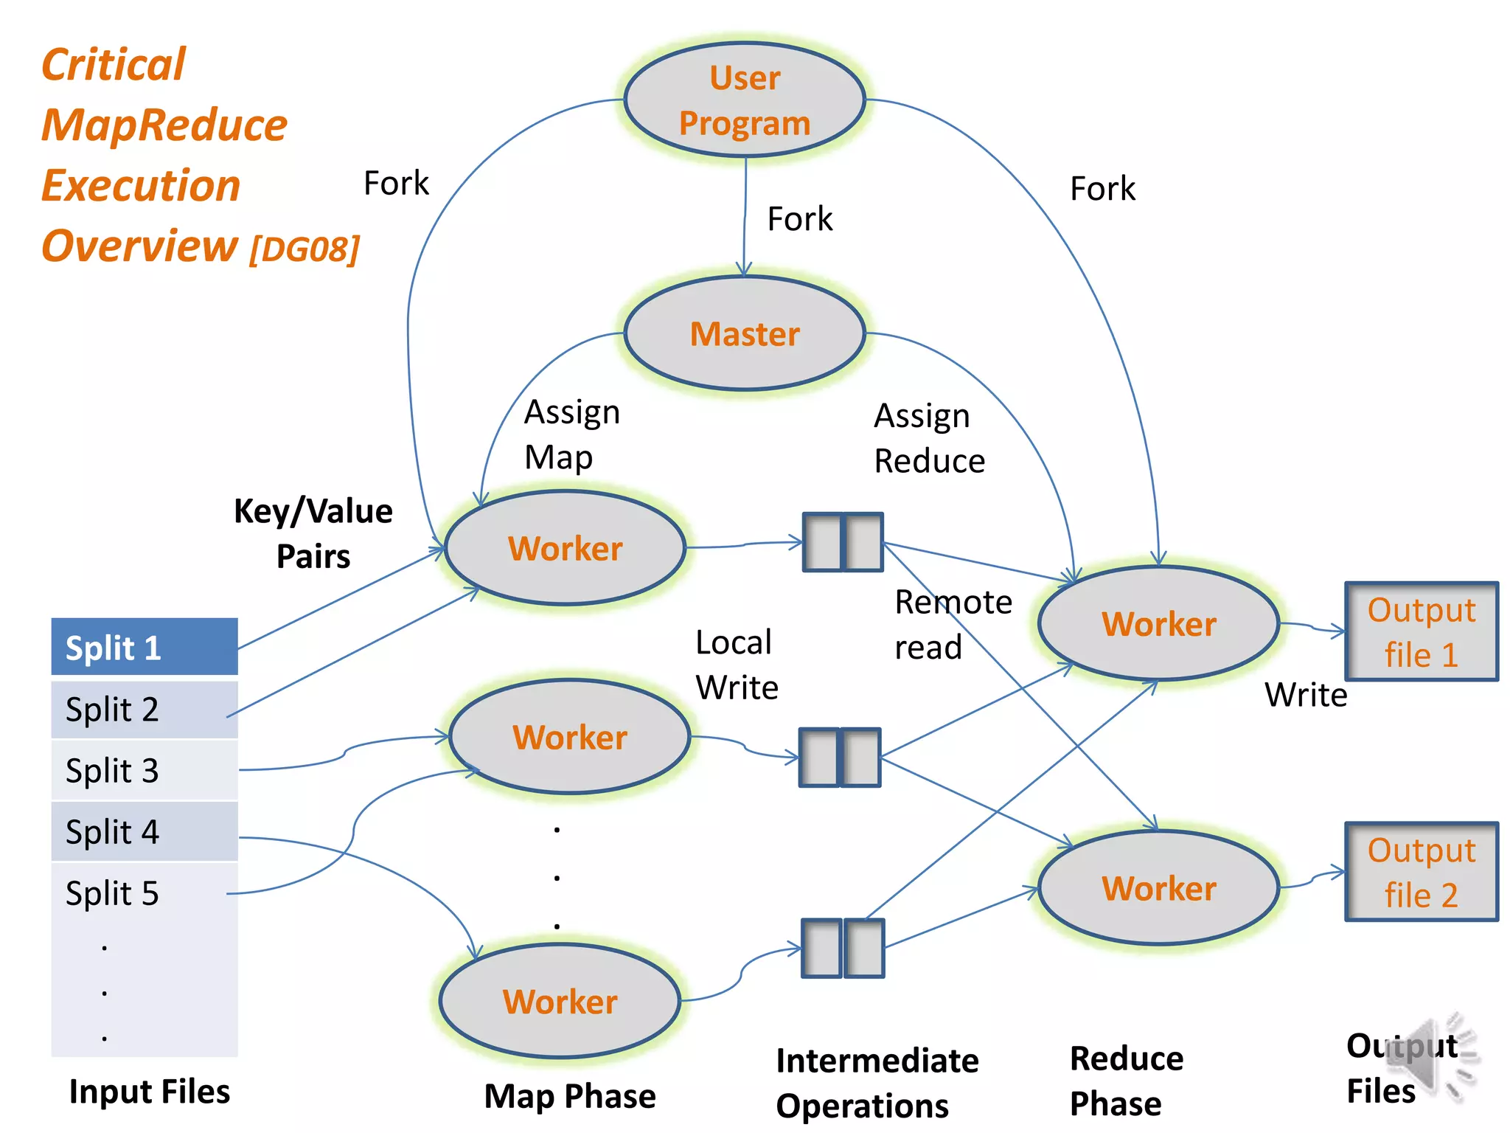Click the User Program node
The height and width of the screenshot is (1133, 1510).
point(744,100)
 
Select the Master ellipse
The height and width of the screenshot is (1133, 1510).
point(744,333)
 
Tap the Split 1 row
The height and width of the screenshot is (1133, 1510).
point(145,648)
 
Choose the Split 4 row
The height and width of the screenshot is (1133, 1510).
point(145,832)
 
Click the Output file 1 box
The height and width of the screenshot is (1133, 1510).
point(1421,631)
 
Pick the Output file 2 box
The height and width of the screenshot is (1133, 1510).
point(1421,872)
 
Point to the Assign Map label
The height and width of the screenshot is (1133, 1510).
point(571,435)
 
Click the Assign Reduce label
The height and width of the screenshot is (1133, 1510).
point(928,439)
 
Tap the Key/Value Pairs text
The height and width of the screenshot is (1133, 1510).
point(313,533)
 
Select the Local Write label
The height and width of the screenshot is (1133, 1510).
point(736,665)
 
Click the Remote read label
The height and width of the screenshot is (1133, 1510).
point(952,625)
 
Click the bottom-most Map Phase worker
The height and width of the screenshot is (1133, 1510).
point(560,1002)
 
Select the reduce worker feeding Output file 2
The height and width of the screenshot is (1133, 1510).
point(1158,888)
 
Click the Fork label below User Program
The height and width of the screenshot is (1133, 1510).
point(799,219)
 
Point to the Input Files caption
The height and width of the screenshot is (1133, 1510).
point(149,1092)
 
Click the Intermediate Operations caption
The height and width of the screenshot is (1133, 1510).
point(877,1083)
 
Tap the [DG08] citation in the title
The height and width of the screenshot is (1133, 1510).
point(305,249)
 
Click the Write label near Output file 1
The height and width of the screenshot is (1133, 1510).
point(1305,695)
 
